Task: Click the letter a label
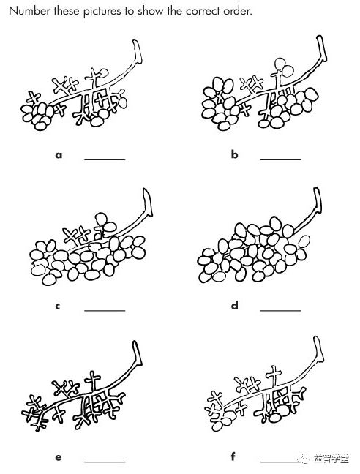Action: pyautogui.click(x=59, y=155)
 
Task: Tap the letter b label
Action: pyautogui.click(x=235, y=154)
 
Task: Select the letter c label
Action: pyautogui.click(x=58, y=306)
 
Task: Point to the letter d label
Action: pyautogui.click(x=235, y=305)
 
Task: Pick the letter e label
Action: pyautogui.click(x=59, y=457)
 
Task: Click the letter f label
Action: pyautogui.click(x=233, y=456)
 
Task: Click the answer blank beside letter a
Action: pyautogui.click(x=105, y=159)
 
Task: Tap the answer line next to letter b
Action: pyautogui.click(x=281, y=159)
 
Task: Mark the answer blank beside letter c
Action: pyautogui.click(x=105, y=310)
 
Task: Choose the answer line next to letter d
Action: pyautogui.click(x=281, y=310)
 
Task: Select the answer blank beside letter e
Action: pyautogui.click(x=105, y=462)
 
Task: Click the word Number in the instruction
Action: pyautogui.click(x=29, y=11)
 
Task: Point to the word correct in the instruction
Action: pyautogui.click(x=202, y=12)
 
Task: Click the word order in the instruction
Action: pyautogui.click(x=237, y=12)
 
